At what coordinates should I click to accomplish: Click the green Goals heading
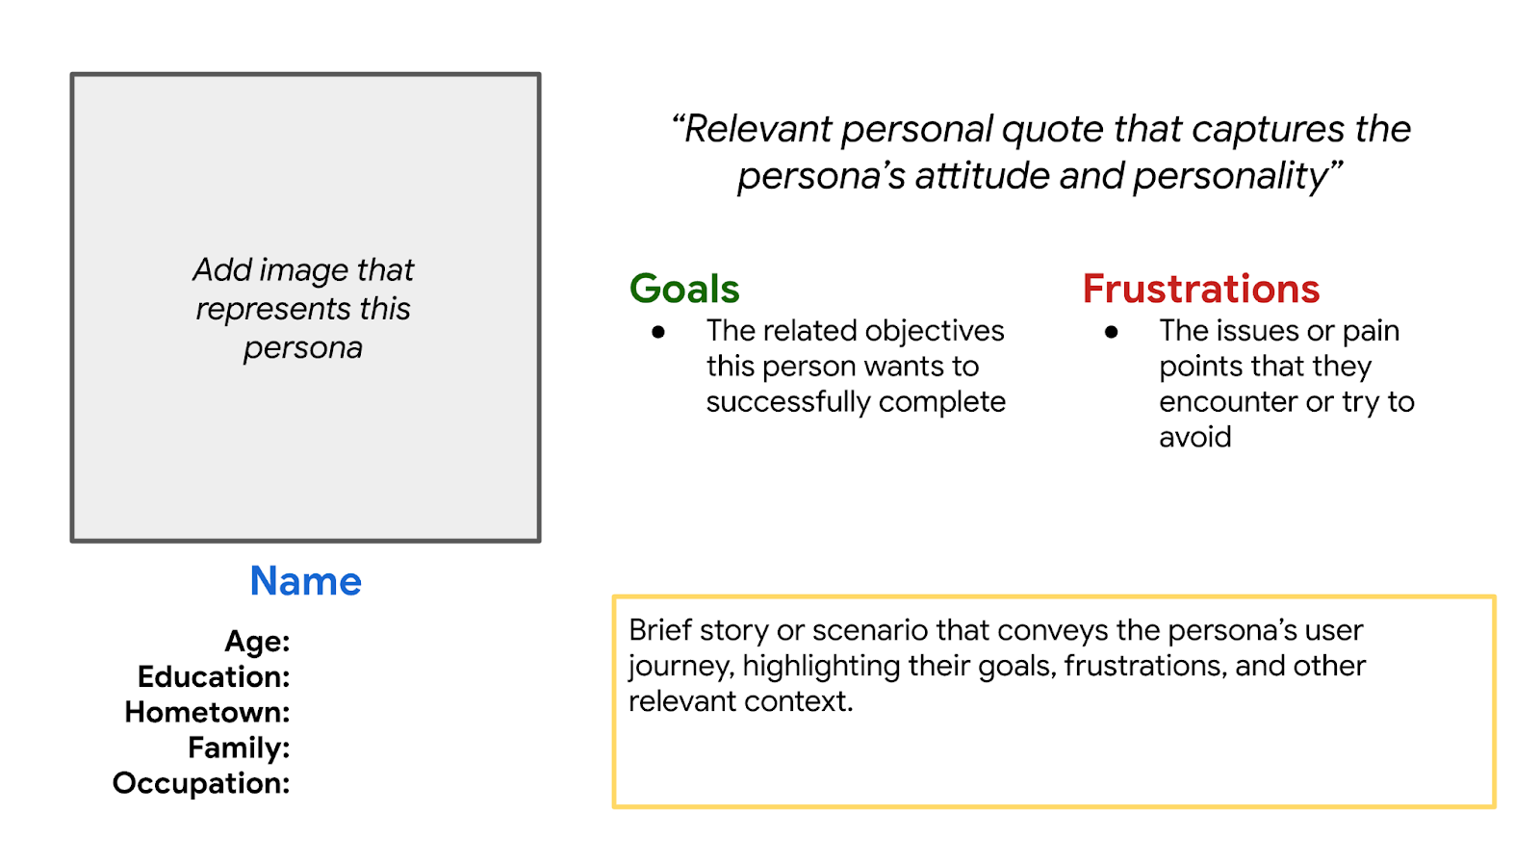684,289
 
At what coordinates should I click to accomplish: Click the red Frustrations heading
1201,289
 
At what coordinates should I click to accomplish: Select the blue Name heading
305,581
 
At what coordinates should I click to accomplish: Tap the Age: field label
257,642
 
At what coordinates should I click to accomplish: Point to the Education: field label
214,676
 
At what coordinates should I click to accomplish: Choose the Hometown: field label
207,712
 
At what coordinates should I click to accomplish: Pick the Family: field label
239,748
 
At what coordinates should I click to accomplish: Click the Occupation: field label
201,784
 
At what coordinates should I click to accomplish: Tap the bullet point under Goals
658,333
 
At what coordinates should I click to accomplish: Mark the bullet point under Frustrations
1111,333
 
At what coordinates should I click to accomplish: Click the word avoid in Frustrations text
1194,437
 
